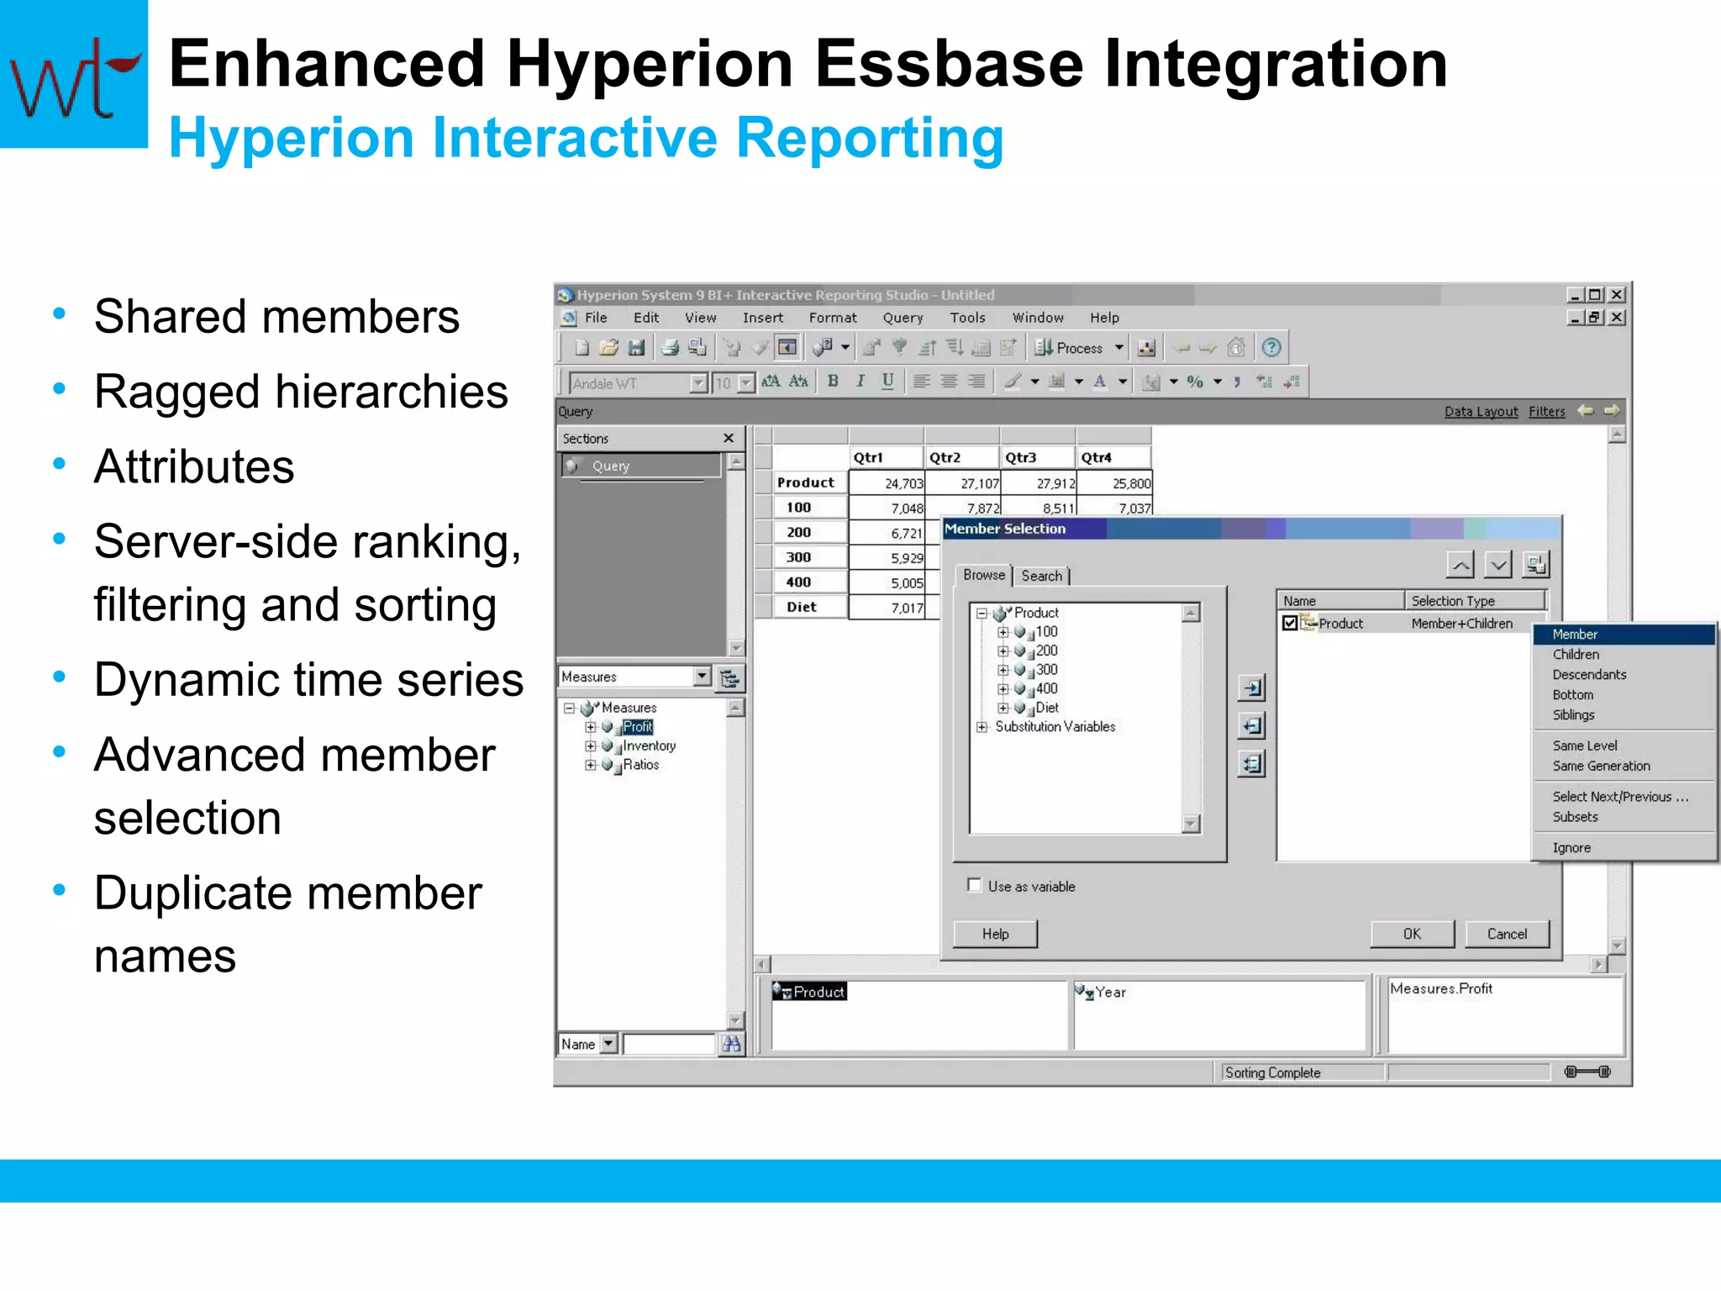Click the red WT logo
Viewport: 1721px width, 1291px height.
click(x=74, y=76)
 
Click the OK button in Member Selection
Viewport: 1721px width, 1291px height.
click(x=1412, y=934)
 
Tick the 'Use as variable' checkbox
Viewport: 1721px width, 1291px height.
click(x=975, y=885)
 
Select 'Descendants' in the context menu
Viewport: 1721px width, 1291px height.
click(x=1589, y=675)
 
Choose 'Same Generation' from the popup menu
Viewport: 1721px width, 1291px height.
click(x=1601, y=766)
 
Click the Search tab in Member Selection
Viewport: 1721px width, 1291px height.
click(x=1042, y=576)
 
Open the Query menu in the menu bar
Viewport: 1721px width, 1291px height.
click(x=903, y=318)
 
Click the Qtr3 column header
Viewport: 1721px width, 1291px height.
click(x=1021, y=457)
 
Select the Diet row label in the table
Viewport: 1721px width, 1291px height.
click(x=801, y=607)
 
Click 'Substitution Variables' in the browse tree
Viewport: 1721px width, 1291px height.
click(x=1055, y=727)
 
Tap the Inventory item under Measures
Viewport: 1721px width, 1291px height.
click(x=649, y=746)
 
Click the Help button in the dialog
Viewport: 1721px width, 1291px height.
click(x=995, y=934)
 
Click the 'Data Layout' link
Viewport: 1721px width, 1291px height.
click(x=1481, y=412)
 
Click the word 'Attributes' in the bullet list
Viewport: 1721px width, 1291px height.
click(x=194, y=466)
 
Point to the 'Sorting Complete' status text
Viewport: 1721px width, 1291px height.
click(x=1272, y=1072)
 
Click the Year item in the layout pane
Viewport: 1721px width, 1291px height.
click(x=1110, y=993)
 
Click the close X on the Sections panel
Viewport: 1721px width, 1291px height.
click(x=729, y=438)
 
